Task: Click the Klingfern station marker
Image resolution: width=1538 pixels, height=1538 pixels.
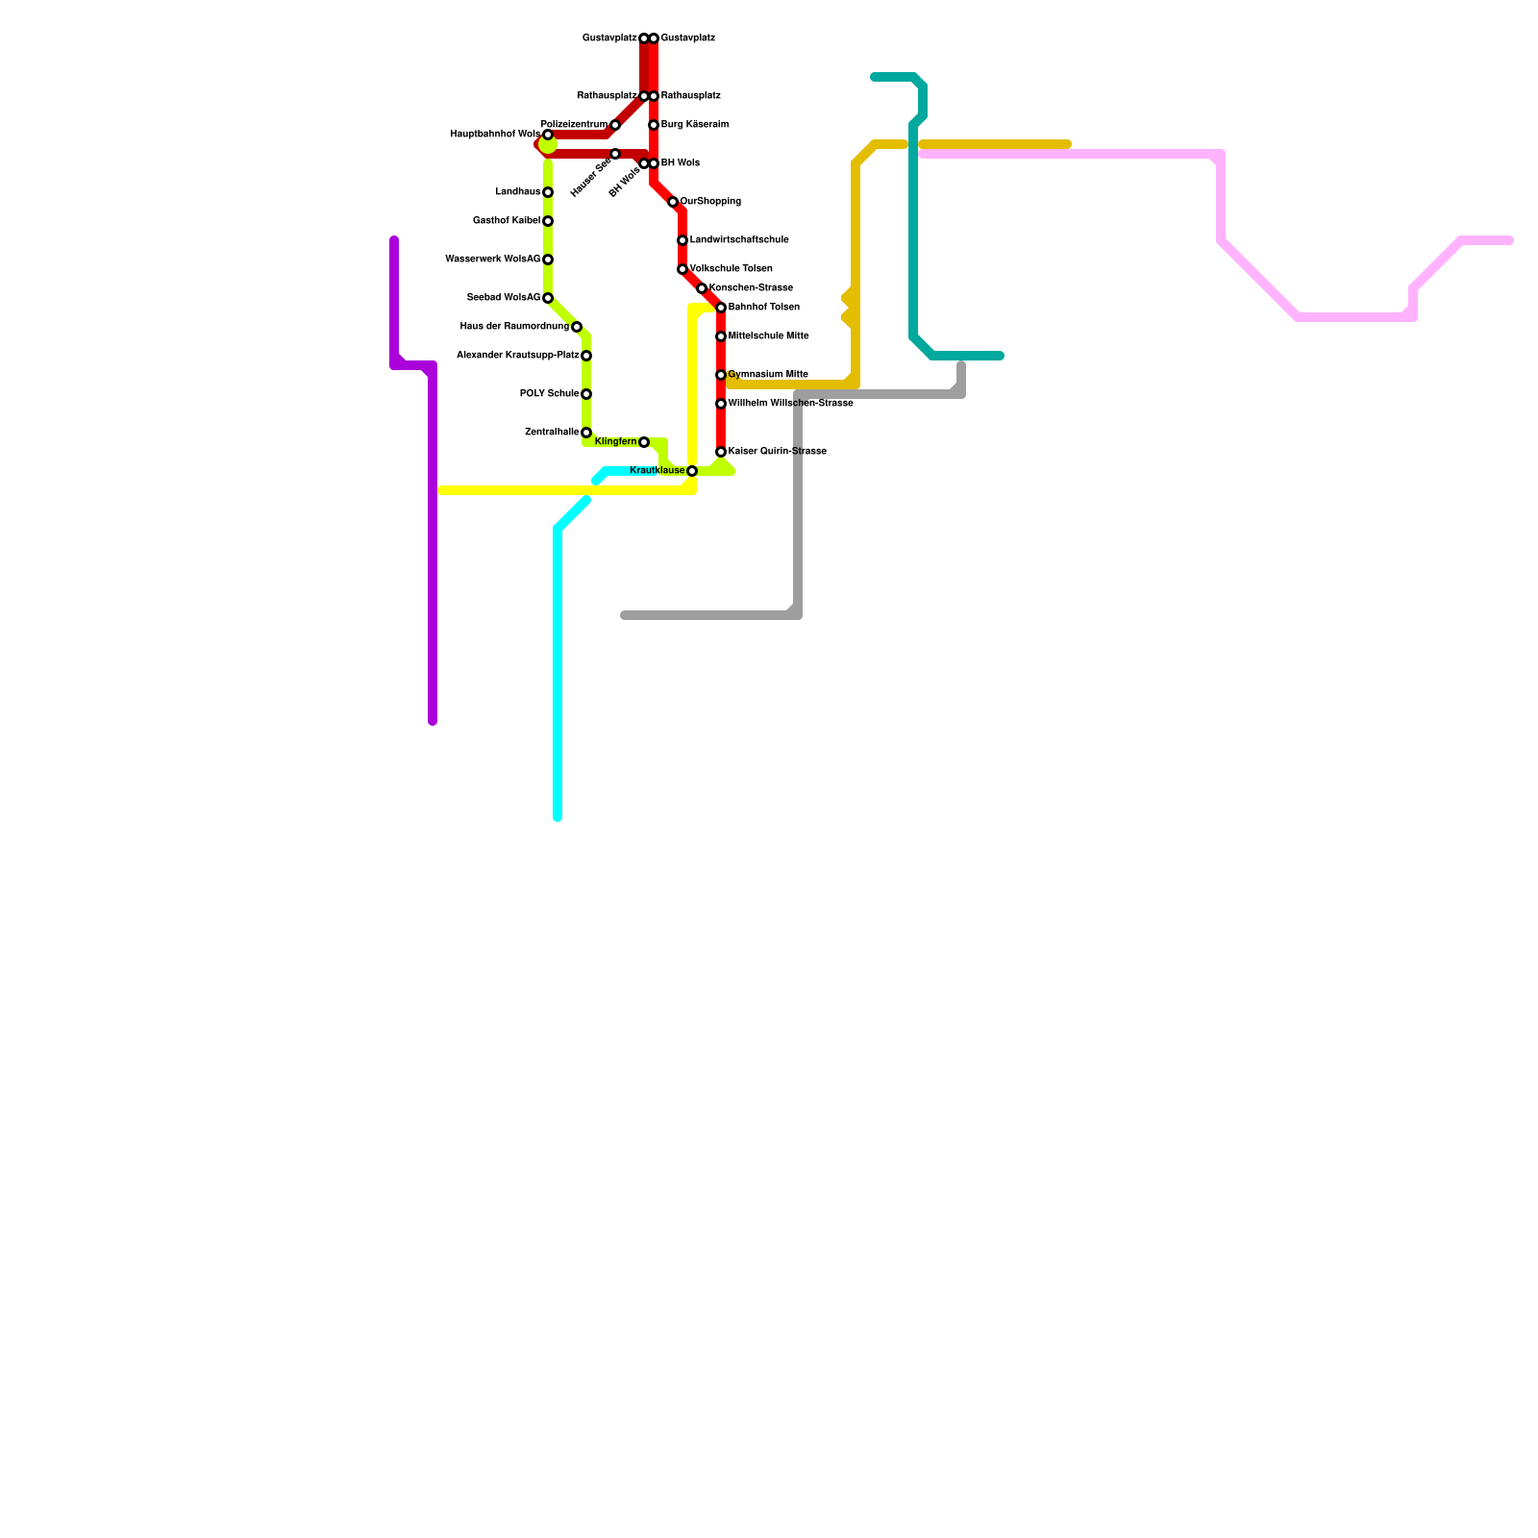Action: click(x=644, y=442)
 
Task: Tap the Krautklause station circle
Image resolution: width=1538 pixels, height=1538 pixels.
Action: click(x=692, y=471)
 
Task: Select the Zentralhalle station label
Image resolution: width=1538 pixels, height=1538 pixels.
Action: click(x=552, y=433)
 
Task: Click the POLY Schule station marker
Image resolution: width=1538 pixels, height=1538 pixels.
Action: click(x=586, y=394)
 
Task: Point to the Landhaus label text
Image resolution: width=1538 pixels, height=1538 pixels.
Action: click(x=518, y=192)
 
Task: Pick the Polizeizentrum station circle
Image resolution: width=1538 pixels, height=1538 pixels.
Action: click(x=615, y=125)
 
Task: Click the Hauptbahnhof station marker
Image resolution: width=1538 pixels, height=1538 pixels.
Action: click(x=548, y=135)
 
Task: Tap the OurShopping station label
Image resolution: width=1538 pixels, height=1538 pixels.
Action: click(x=710, y=202)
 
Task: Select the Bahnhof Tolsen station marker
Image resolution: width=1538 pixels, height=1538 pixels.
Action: click(x=721, y=308)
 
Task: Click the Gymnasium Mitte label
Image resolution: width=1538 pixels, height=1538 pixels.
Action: click(x=768, y=375)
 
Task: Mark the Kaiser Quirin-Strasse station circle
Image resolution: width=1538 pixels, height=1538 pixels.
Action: click(x=721, y=452)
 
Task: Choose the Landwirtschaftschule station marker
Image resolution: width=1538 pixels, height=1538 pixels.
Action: click(x=682, y=240)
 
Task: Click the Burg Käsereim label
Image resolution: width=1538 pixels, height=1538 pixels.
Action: click(x=694, y=125)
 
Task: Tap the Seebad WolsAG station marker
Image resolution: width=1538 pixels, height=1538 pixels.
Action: click(x=548, y=298)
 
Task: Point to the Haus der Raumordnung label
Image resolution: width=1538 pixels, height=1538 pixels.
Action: click(x=514, y=327)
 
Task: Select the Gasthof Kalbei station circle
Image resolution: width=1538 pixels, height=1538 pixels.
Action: click(x=548, y=221)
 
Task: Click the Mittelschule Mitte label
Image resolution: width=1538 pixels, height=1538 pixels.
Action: click(x=768, y=336)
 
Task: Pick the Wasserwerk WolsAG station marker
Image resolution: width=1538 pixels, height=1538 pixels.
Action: click(x=548, y=260)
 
